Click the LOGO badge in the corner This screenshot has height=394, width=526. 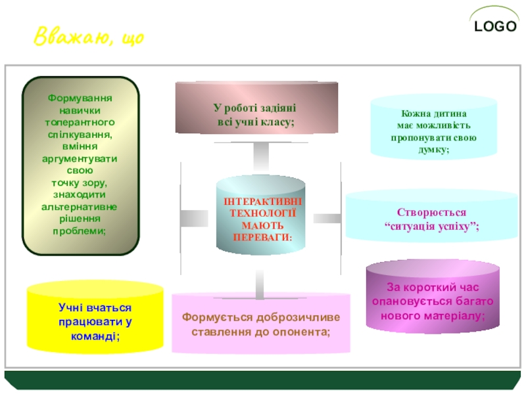(497, 26)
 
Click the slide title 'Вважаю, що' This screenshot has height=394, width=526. (89, 37)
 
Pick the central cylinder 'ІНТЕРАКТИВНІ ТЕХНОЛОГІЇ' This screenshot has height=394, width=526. (261, 217)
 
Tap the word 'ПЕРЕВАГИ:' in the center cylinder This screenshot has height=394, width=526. (262, 235)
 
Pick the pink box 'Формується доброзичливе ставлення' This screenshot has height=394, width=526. (261, 323)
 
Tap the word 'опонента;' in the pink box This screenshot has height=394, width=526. (304, 331)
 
